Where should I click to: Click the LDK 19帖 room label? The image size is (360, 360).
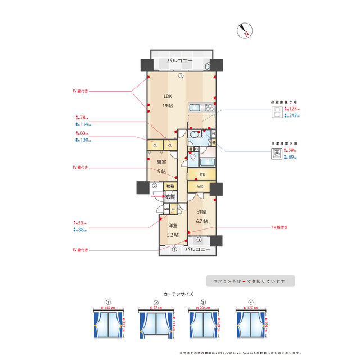[x=168, y=100]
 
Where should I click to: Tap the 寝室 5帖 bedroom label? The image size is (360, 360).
[x=161, y=166]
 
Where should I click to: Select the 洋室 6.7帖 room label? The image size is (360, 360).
[x=202, y=217]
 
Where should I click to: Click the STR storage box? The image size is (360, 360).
[x=201, y=175]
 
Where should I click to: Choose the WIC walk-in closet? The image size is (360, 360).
[x=200, y=187]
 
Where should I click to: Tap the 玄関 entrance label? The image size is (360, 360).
[x=170, y=197]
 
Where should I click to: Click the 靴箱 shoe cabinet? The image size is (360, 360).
[x=169, y=186]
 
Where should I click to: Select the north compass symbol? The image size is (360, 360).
[x=245, y=31]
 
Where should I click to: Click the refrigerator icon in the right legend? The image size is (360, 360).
[x=277, y=112]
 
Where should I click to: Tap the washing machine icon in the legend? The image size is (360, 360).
[x=277, y=155]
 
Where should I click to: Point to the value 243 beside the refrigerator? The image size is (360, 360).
[x=294, y=115]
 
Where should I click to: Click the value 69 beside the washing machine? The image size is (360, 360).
[x=292, y=158]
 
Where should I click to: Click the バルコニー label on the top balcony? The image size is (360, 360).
[x=180, y=61]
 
